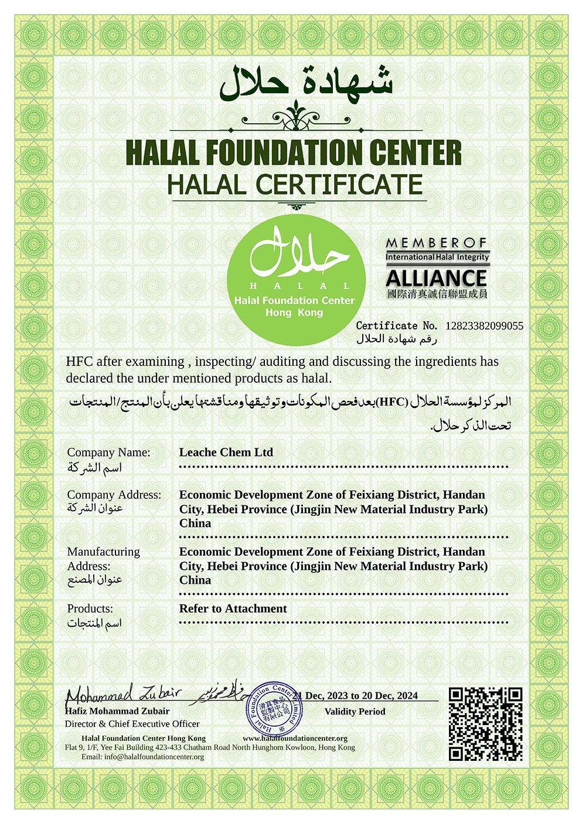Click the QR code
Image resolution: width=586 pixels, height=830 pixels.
(x=485, y=724)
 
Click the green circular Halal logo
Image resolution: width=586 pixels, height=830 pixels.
(x=296, y=275)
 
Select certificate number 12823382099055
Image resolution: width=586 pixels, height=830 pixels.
(x=485, y=326)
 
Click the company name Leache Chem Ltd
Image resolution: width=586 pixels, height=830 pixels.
(x=226, y=453)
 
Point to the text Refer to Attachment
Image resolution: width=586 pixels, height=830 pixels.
(x=233, y=608)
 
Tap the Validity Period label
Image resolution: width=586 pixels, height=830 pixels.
(x=355, y=712)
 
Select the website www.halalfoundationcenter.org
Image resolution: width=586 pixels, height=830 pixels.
(x=295, y=738)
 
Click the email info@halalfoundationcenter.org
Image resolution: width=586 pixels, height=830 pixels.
(x=154, y=757)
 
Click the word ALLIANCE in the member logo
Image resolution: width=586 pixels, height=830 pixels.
(x=437, y=277)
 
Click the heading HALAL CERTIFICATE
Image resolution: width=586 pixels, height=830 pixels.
(x=295, y=184)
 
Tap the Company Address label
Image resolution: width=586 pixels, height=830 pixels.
(x=114, y=495)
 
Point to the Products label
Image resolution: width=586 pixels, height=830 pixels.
(x=90, y=608)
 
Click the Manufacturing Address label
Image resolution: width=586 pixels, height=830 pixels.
(x=103, y=559)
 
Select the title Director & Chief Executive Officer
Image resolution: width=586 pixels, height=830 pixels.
(x=132, y=723)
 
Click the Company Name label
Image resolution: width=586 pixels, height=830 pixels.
(x=108, y=453)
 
